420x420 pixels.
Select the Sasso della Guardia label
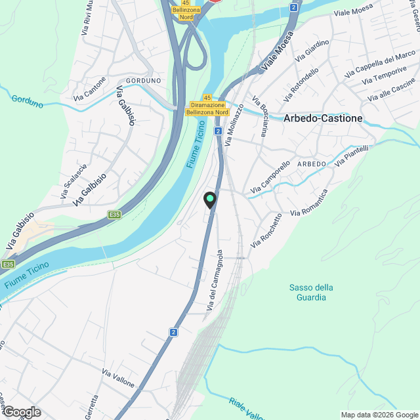[x=311, y=292]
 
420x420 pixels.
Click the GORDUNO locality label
[x=143, y=80]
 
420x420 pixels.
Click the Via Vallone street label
[x=118, y=378]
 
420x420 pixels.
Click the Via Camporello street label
[x=270, y=177]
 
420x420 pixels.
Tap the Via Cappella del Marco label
[x=380, y=64]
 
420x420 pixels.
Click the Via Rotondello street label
[x=302, y=84]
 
